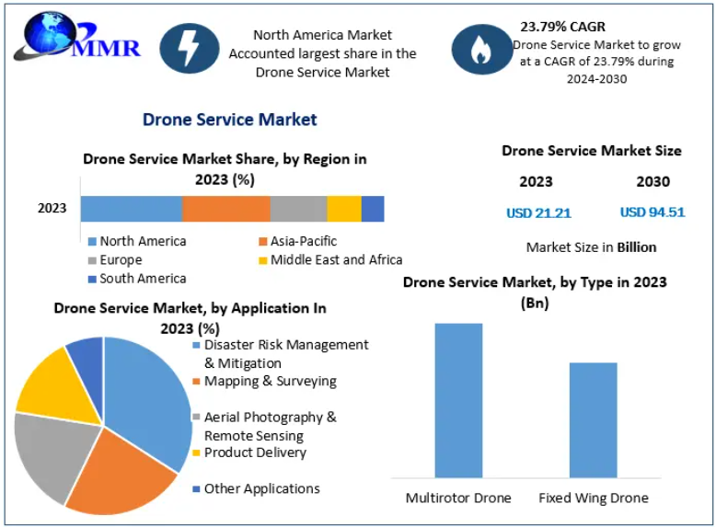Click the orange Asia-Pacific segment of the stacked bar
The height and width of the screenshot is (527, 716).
[x=225, y=209]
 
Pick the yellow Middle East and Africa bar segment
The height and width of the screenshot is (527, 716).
[x=344, y=209]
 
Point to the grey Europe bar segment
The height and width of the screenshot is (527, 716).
[x=298, y=209]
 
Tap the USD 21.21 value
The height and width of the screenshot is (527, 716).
[x=538, y=213]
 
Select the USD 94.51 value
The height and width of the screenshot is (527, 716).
[x=652, y=212]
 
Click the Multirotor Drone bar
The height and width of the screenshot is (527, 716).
[x=458, y=400]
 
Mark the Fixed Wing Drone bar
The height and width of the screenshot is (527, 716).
[x=593, y=420]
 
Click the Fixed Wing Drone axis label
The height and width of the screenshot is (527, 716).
[x=593, y=498]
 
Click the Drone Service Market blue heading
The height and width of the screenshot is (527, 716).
[x=229, y=120]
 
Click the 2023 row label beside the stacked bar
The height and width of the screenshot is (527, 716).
[x=52, y=209]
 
